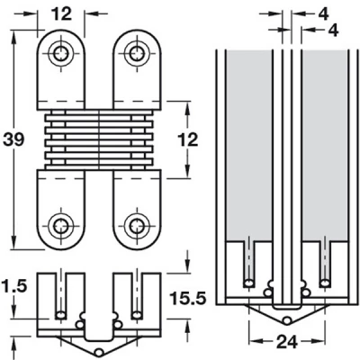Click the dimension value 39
(13, 139)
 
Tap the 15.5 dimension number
(188, 298)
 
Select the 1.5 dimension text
(14, 286)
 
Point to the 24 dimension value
(286, 342)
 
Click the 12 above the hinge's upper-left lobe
(61, 13)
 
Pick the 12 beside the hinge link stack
(188, 139)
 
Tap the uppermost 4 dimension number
(323, 13)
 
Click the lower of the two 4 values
(333, 30)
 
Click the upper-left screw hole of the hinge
(61, 54)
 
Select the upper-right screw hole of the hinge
(137, 54)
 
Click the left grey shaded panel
(248, 145)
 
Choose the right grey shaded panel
(324, 145)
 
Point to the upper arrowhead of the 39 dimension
(13, 37)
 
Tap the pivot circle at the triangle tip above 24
(287, 320)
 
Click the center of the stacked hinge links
(99, 139)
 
